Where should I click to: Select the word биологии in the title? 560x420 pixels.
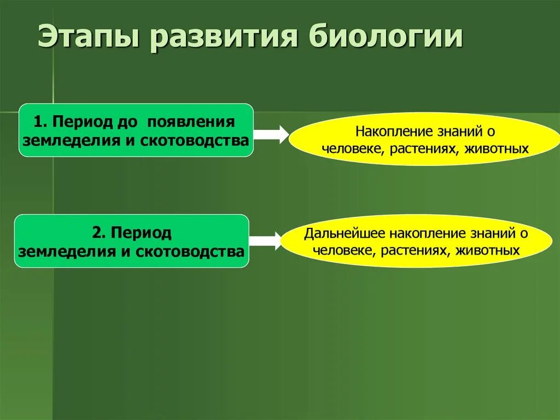[385, 39]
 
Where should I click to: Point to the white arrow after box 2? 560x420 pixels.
[265, 241]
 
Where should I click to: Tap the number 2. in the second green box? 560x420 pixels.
[98, 233]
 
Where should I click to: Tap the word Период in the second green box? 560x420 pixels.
[141, 233]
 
